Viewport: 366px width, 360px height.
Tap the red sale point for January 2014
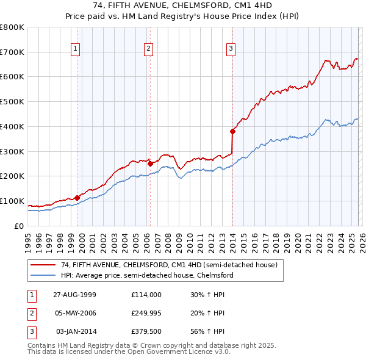232,131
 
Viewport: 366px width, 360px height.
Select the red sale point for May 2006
150,163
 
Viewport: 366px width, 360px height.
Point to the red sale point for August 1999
77,197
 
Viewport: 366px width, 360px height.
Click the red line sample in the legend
44,265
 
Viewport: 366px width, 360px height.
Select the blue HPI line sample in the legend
44,275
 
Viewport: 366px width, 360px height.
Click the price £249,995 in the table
146,313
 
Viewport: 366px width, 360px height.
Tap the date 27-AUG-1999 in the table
75,295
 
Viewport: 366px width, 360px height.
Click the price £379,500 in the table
146,331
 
